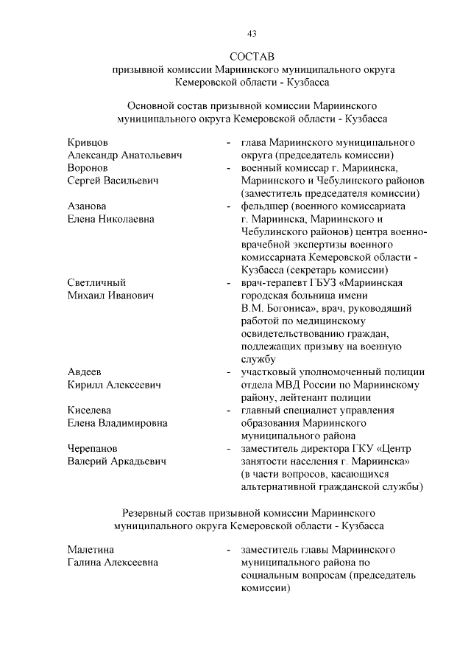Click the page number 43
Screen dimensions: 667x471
(251, 33)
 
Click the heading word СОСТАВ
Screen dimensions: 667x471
(251, 56)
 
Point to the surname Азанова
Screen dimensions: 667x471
(87, 206)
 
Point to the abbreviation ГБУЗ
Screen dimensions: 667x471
(333, 282)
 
